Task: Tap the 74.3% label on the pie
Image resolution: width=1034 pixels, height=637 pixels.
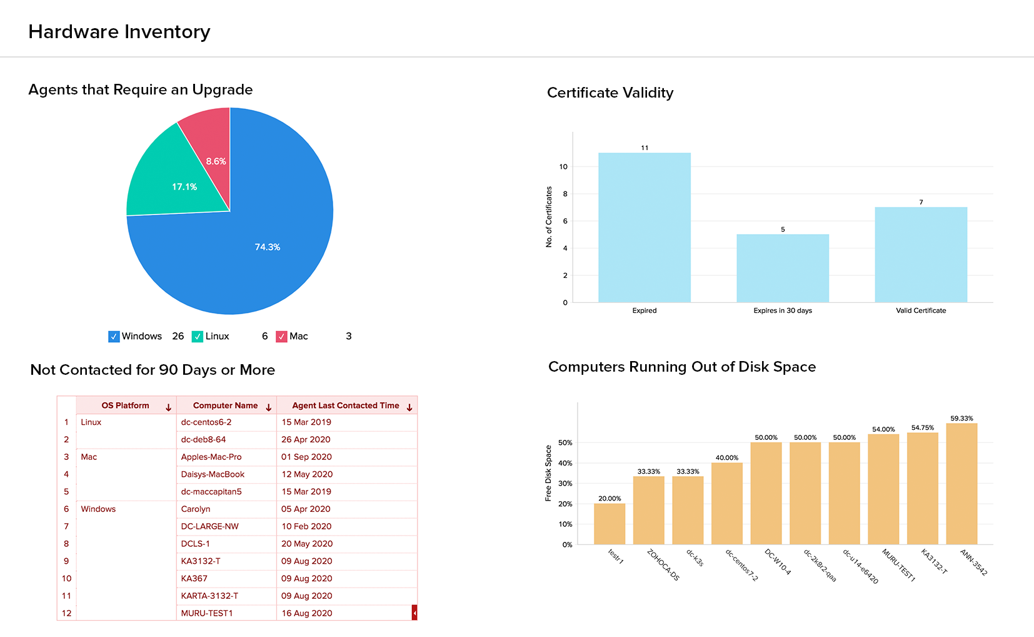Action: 268,247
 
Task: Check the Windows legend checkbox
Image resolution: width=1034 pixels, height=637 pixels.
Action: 114,337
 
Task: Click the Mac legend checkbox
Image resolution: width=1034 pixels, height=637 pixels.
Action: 281,337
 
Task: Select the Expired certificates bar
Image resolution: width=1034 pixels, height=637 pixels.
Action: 645,228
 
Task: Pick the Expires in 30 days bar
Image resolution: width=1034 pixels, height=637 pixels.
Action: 783,268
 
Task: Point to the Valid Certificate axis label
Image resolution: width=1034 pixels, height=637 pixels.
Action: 921,310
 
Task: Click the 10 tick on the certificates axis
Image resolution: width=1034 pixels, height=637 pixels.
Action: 563,167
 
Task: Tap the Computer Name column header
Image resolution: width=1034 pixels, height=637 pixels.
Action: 225,405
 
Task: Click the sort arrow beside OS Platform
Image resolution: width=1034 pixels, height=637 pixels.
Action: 168,407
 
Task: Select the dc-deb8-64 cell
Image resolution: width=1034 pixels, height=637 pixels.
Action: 203,439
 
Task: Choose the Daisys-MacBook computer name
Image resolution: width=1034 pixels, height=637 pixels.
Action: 213,474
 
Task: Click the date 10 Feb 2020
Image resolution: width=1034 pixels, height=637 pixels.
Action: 306,526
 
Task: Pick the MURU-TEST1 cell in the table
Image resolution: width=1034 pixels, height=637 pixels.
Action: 207,613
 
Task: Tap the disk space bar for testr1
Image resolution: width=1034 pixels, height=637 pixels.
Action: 610,524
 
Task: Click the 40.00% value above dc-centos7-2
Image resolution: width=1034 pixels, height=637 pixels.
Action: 727,458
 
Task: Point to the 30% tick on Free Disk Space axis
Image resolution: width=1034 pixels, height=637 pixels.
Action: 565,484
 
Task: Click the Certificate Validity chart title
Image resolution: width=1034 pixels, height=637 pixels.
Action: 610,93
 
